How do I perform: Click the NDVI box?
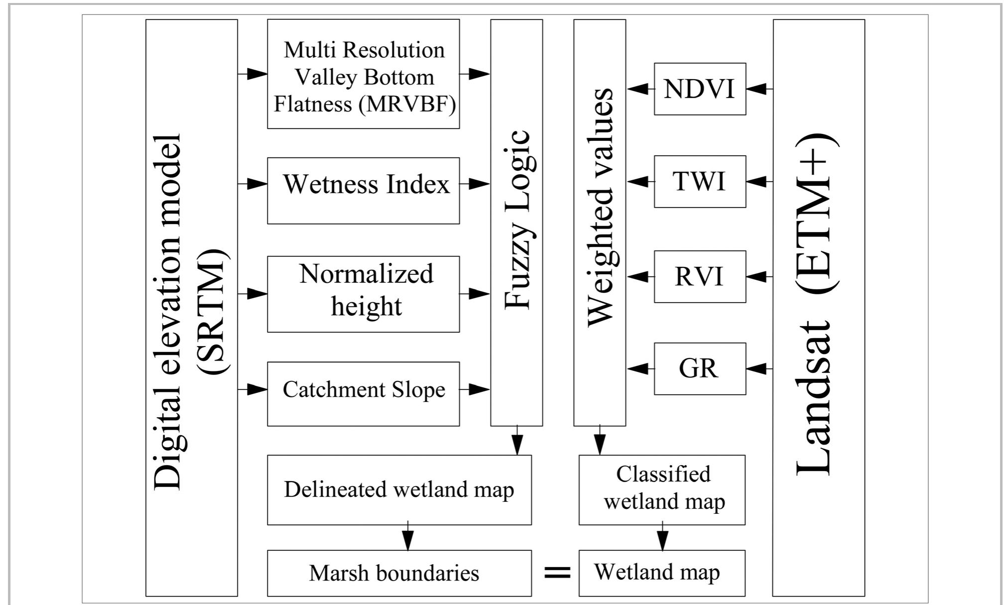coord(700,89)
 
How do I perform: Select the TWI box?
coord(700,182)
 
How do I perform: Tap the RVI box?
coord(700,277)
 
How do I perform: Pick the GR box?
coord(700,369)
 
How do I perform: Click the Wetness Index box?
coord(363,191)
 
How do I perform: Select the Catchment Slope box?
coord(363,393)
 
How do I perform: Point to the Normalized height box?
coord(363,294)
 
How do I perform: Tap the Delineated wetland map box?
coord(399,489)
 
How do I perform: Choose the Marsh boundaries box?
coord(399,573)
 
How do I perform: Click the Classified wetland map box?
coord(662,489)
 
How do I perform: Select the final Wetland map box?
coord(662,573)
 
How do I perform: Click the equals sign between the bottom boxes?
coord(557,573)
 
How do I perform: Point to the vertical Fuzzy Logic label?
coord(517,219)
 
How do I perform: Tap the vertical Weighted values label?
coord(600,207)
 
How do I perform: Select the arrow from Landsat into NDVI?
coord(759,89)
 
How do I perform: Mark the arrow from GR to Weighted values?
coord(640,369)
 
